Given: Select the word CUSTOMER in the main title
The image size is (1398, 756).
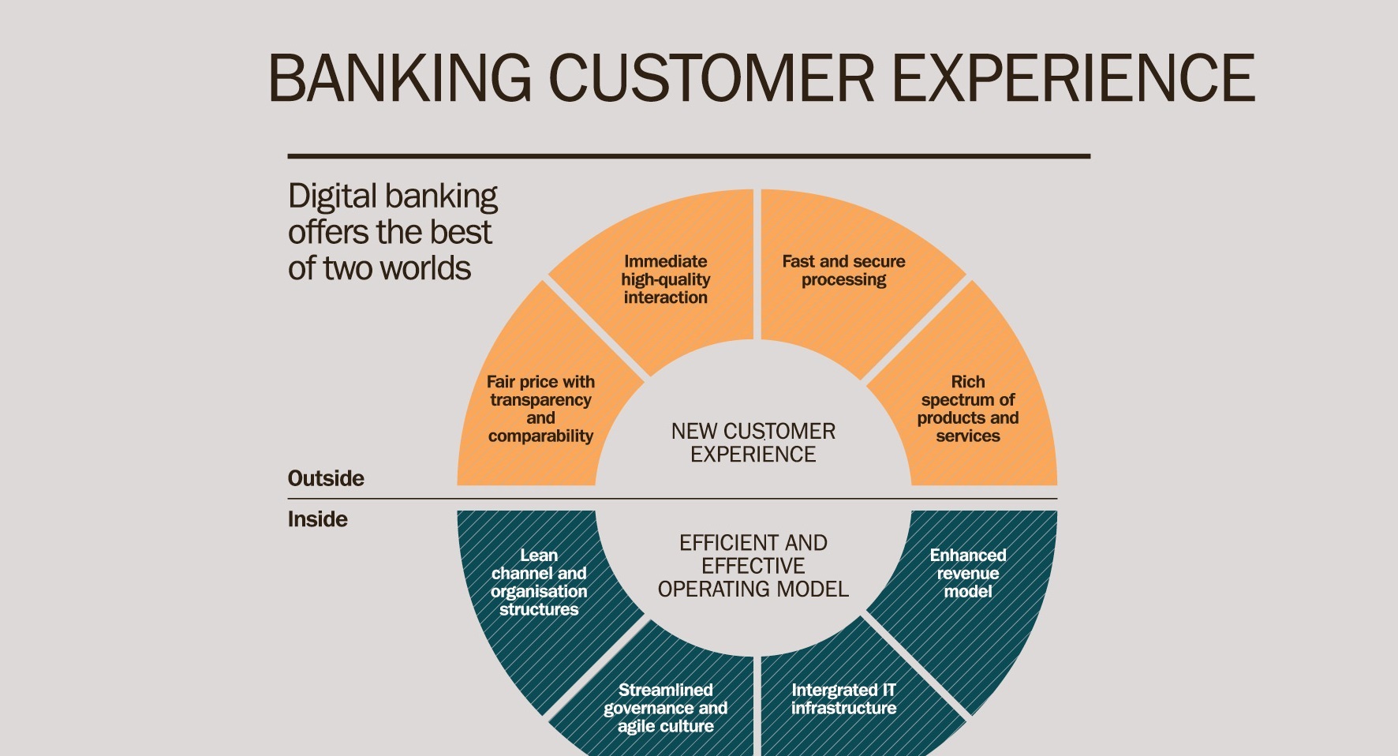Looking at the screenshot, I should point(711,78).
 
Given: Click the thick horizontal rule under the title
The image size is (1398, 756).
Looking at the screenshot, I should point(689,156).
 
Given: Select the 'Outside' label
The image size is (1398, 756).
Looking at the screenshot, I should point(326,478).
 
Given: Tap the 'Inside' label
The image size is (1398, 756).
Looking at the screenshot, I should point(318,519).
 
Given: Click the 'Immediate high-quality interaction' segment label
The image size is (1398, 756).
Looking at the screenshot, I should point(665,279).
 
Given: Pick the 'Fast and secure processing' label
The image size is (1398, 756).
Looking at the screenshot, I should point(843,270).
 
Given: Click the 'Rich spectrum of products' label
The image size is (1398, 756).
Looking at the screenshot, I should point(968,409).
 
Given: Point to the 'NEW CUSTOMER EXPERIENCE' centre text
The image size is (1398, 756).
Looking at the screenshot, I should point(753,443).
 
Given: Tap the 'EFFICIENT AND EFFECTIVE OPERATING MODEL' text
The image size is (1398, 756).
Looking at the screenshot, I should point(753,566).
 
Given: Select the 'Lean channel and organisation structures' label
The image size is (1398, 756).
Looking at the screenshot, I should point(539,582).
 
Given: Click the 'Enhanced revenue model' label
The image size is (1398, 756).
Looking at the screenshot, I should point(968,573).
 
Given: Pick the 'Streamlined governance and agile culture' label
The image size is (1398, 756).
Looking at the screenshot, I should point(665,708).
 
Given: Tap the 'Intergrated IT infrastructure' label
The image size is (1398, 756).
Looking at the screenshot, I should point(843,699).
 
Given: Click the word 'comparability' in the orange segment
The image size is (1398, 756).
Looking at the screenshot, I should point(540,436).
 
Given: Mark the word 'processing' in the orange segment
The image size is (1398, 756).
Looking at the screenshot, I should point(843,280).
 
